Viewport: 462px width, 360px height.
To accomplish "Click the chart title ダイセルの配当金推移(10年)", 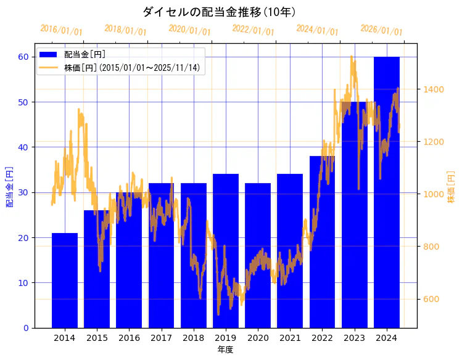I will coord(219,12).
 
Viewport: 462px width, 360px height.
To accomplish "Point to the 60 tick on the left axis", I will coord(23,57).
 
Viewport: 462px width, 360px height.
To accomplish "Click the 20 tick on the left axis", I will coord(23,237).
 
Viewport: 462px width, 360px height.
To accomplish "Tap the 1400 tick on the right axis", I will coord(433,89).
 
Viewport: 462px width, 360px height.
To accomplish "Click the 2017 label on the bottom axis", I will coord(161,338).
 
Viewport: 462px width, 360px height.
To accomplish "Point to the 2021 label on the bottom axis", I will coord(290,338).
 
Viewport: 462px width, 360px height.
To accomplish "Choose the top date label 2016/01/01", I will coord(61,30).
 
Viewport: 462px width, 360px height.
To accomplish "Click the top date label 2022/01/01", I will coord(253,30).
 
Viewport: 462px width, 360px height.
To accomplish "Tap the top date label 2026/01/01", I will coord(381,30).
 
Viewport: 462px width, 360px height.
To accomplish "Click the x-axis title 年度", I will coord(225,350).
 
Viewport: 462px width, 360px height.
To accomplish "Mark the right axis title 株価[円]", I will coord(451,188).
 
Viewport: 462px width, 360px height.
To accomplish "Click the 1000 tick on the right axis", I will coord(433,194).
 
